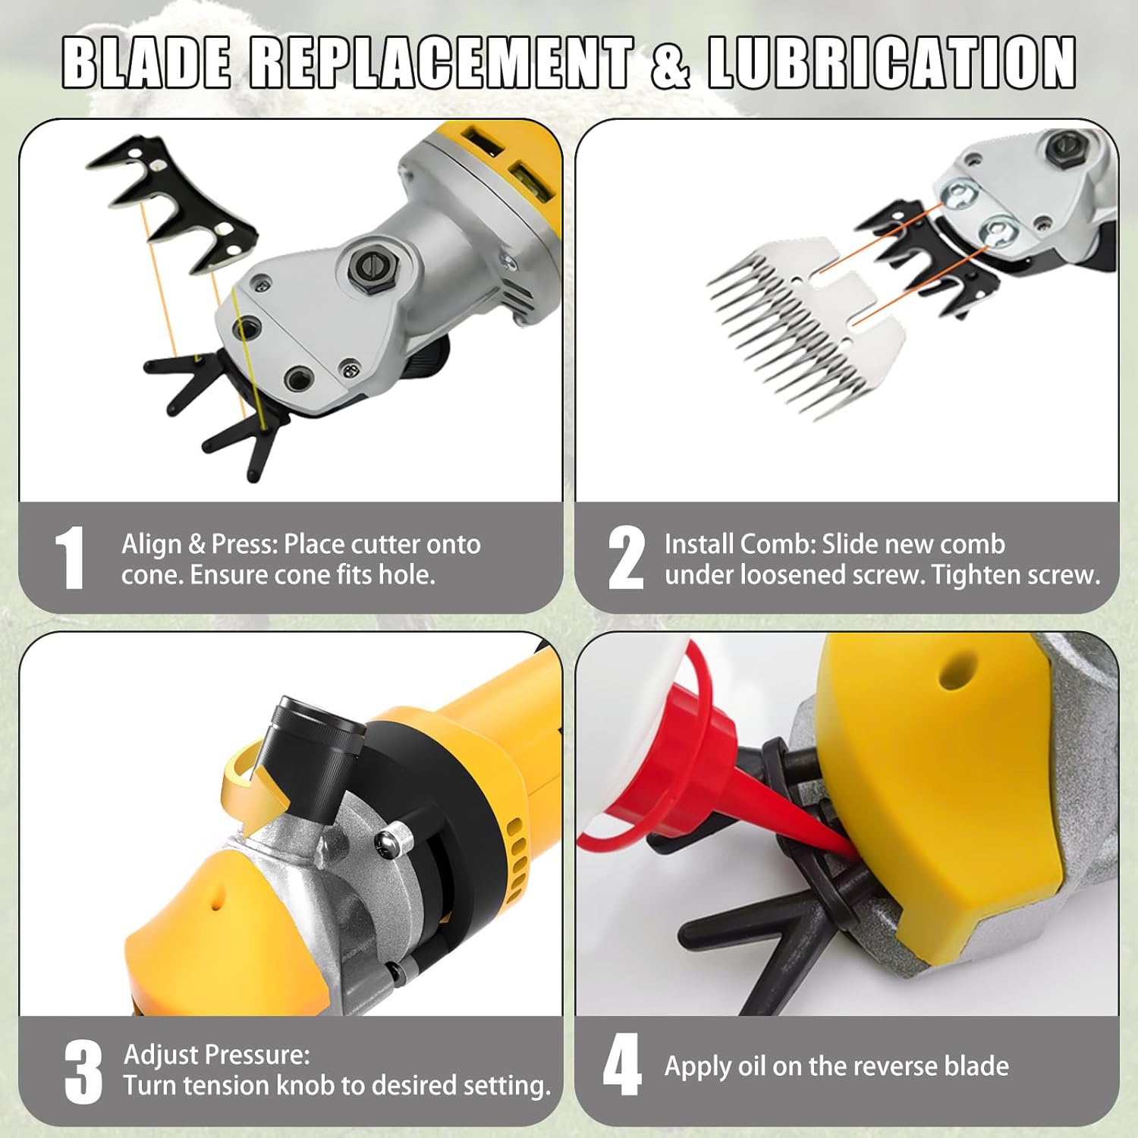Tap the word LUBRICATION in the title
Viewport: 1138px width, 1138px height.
(891, 61)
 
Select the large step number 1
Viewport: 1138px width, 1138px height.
(70, 558)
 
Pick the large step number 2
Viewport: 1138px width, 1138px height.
(626, 558)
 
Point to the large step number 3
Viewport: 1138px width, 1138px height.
(83, 1071)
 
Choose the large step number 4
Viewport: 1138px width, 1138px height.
(622, 1065)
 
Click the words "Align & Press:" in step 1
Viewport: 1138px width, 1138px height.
(200, 544)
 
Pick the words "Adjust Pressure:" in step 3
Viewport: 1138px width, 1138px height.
(216, 1055)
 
